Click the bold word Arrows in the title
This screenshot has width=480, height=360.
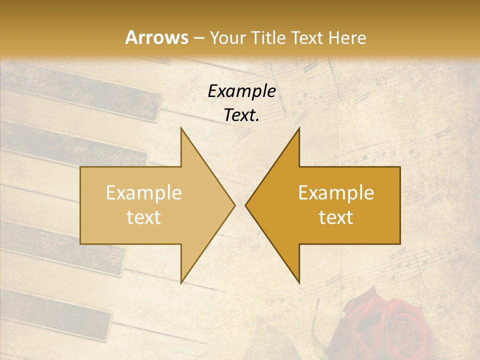156,37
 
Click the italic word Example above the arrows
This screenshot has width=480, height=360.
242,91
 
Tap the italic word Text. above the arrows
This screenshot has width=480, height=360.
242,115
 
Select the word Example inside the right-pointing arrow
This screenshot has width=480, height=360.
144,193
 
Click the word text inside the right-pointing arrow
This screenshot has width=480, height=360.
144,217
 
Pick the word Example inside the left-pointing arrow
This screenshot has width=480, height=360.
336,193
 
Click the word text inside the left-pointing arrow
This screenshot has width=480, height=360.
336,217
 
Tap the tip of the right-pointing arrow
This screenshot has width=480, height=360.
234,205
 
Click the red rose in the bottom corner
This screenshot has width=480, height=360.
385,327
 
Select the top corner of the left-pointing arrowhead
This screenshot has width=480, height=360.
299,128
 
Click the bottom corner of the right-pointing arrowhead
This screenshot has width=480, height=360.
181,282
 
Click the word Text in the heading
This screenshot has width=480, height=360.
307,37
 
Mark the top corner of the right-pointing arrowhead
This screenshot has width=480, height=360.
181,128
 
